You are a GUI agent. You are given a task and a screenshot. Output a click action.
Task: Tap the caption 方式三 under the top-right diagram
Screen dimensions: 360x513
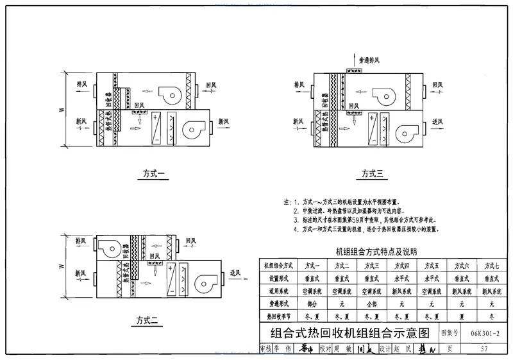tap(372, 173)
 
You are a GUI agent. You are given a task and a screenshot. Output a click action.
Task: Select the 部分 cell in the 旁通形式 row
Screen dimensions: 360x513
tap(312, 304)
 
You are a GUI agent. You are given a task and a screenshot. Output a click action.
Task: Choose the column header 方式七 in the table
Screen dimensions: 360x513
tap(491, 266)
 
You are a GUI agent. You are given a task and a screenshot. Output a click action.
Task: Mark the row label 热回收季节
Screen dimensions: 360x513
tap(278, 316)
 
